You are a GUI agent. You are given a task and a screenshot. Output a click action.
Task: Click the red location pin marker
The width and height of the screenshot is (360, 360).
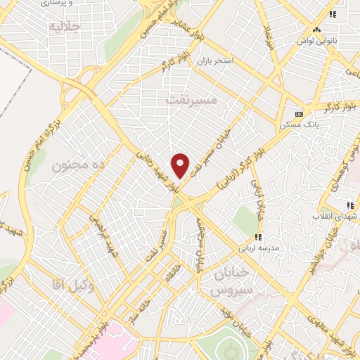[x=181, y=165]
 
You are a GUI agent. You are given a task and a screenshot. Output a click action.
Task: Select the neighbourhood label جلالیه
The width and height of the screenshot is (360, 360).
[x=66, y=27]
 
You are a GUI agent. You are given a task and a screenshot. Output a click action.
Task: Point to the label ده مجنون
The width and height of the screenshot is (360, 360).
[x=78, y=167]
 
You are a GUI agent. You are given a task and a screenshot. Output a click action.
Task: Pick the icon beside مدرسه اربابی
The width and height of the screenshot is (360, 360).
[x=258, y=237]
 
